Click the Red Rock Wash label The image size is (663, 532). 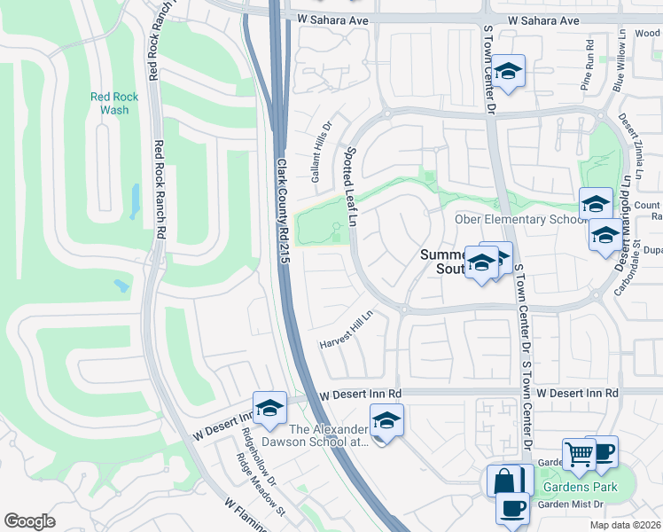[x=109, y=104]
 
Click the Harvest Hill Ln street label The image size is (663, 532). [x=348, y=329]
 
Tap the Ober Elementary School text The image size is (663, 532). [x=516, y=220]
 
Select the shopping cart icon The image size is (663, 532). [x=579, y=453]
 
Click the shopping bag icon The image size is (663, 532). [x=503, y=481]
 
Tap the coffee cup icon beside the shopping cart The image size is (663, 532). [x=602, y=451]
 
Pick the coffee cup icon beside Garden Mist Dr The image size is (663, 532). [x=512, y=509]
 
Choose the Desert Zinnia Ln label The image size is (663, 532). [x=634, y=142]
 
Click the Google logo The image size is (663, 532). [x=29, y=521]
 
